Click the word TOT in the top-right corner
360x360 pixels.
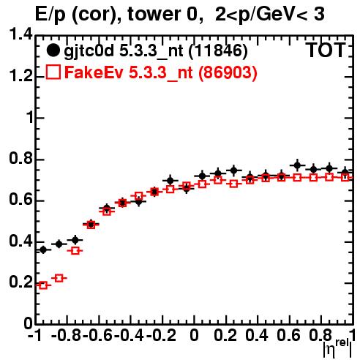coord(326,50)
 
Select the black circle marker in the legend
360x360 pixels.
coord(53,50)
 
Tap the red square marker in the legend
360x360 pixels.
coord(53,72)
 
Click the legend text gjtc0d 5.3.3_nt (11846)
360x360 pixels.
coord(156,51)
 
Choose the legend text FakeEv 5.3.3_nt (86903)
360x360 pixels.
coord(161,72)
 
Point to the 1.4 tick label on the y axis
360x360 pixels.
coord(20,34)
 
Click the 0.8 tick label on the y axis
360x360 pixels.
coord(20,159)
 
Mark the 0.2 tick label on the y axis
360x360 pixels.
coord(20,282)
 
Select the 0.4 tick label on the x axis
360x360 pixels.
coord(257,335)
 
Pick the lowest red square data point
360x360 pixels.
coord(43,285)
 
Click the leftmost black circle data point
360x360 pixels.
coord(43,250)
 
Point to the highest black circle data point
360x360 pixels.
coord(297,165)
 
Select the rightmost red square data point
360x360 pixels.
coord(345,177)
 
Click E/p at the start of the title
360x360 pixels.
coord(50,15)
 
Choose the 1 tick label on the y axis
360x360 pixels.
coord(30,117)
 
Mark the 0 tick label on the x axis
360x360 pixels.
coord(194,335)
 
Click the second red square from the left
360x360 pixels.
coord(59,278)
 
